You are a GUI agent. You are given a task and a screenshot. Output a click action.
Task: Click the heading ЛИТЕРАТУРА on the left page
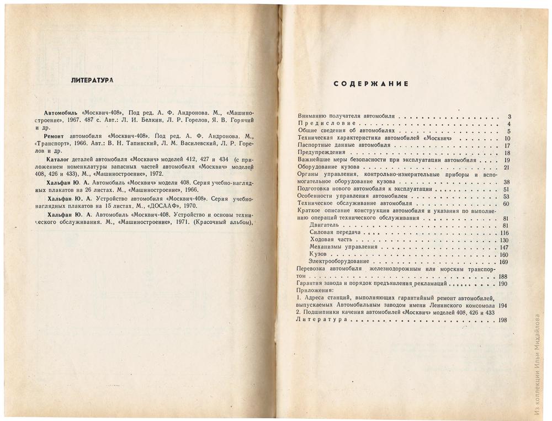[92, 81]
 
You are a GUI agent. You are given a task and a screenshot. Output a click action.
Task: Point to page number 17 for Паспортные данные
[507, 146]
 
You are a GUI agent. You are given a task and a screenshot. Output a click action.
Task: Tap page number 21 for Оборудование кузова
[506, 167]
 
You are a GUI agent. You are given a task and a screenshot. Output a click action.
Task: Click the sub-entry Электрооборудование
[339, 262]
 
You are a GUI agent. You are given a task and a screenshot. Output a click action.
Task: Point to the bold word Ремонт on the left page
[57, 135]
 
